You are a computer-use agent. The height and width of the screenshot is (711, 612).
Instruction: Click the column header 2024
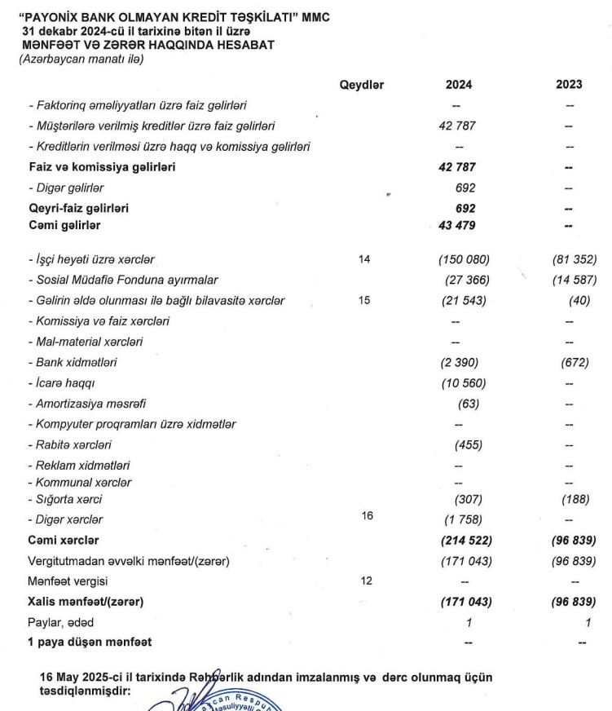[x=458, y=84]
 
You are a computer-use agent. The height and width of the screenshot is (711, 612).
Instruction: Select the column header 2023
[x=569, y=84]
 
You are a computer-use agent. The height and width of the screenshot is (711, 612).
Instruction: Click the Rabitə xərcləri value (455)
[x=467, y=445]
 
